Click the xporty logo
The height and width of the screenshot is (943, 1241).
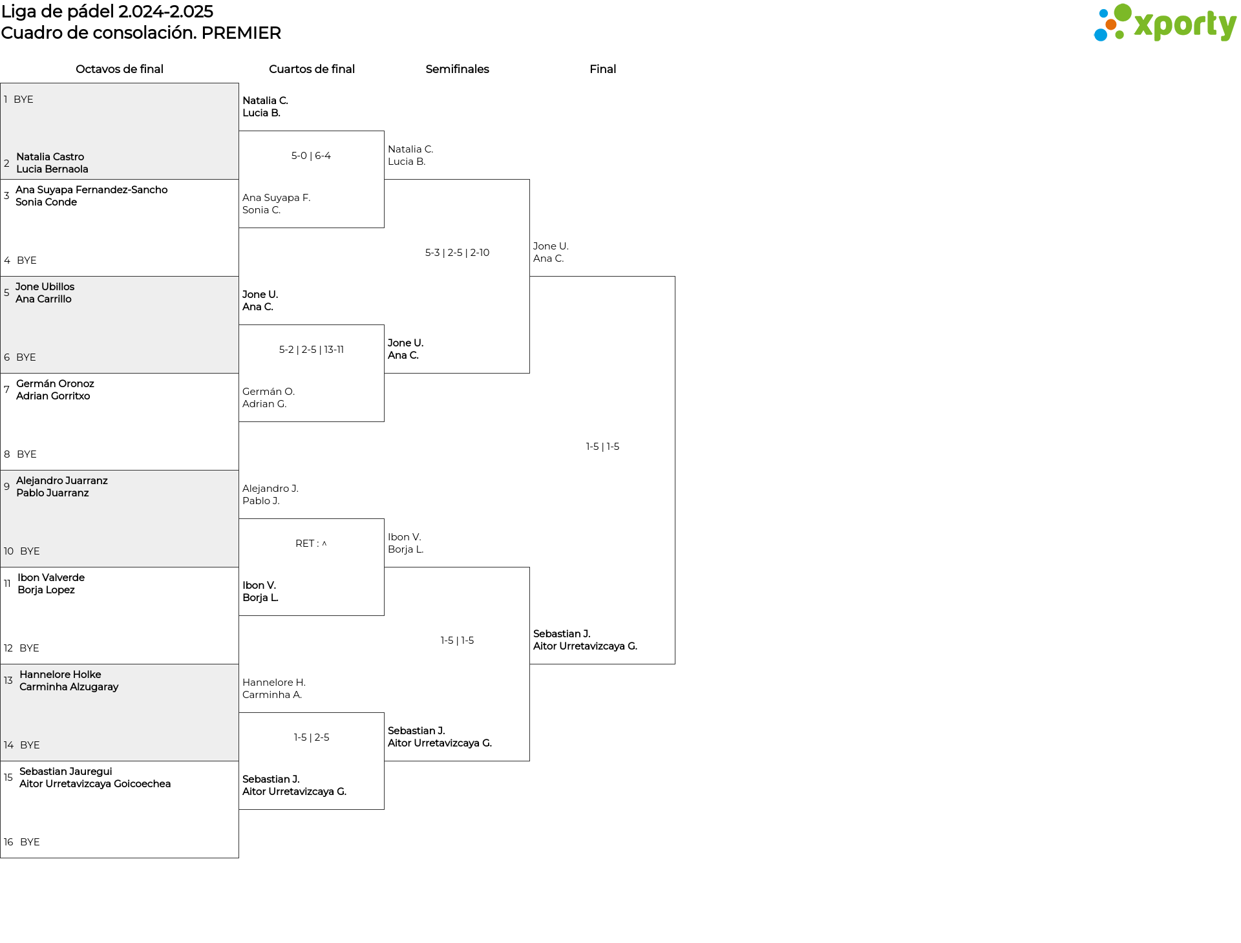(1165, 23)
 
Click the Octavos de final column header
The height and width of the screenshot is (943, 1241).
(120, 69)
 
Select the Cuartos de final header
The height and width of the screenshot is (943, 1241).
(312, 69)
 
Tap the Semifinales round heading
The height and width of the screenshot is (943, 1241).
(457, 69)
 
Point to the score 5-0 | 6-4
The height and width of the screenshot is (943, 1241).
(311, 156)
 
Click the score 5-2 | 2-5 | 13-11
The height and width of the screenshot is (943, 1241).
(312, 350)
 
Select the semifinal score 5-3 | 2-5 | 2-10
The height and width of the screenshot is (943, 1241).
(457, 253)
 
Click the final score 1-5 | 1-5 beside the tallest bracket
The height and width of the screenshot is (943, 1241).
(602, 447)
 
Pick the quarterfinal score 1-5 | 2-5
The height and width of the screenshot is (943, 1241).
(312, 737)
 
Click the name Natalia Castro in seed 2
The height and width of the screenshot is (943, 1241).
(50, 157)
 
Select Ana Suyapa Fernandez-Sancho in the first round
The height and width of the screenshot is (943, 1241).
(91, 190)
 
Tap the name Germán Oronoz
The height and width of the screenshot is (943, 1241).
(55, 384)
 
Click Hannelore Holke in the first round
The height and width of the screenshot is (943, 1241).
(60, 675)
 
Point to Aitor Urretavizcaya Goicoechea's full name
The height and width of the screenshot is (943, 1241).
(95, 784)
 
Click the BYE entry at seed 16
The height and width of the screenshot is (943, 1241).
(30, 842)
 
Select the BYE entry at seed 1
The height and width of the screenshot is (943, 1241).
(23, 100)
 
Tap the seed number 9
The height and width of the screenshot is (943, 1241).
(6, 487)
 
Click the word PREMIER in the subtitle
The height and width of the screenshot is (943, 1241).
(241, 33)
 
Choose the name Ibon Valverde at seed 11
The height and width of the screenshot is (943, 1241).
(51, 578)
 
